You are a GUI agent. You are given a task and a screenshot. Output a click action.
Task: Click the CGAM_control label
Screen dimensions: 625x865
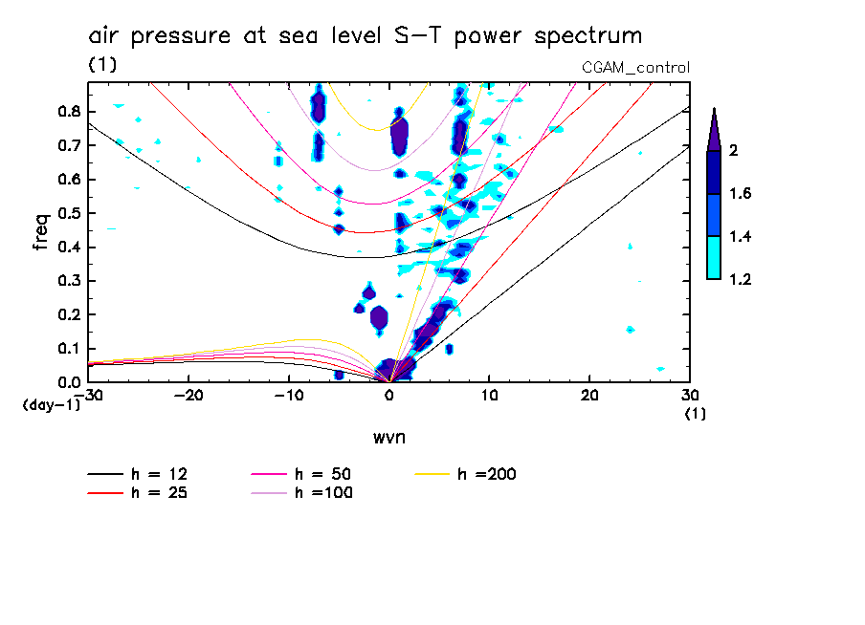pos(635,67)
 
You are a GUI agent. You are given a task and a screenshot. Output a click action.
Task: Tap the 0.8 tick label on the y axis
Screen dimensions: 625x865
pos(68,111)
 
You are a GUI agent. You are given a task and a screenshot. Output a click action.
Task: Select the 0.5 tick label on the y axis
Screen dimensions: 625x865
pos(68,212)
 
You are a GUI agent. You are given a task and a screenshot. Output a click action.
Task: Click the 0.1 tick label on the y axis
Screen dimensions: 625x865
pos(68,348)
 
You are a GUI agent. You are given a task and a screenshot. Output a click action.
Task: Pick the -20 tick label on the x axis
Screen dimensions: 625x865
pos(189,396)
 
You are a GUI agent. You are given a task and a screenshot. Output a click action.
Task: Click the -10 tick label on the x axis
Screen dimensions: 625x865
pos(288,396)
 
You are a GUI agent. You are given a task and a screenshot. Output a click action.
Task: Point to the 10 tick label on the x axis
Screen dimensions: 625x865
pos(489,396)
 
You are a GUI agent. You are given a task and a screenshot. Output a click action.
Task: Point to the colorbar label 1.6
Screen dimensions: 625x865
pos(740,194)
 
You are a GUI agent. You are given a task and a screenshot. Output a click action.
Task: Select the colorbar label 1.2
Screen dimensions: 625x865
pos(740,280)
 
